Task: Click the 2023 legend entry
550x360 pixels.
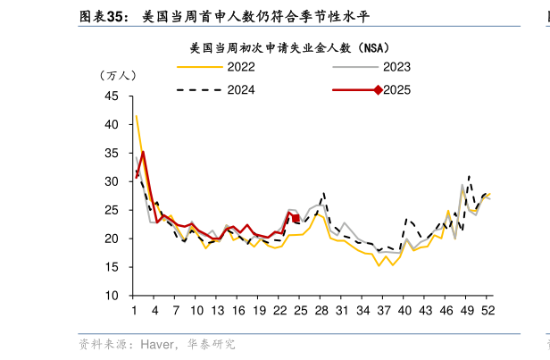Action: pos(396,67)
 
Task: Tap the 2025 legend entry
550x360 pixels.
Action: pos(396,89)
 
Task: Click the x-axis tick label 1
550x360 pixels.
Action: pos(134,310)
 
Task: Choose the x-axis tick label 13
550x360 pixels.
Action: pos(217,310)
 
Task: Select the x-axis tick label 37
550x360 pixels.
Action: pos(383,310)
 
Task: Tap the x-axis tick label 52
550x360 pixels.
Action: pos(487,310)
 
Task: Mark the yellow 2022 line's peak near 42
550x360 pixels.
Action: pos(136,116)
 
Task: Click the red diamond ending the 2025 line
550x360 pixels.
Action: pos(296,216)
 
